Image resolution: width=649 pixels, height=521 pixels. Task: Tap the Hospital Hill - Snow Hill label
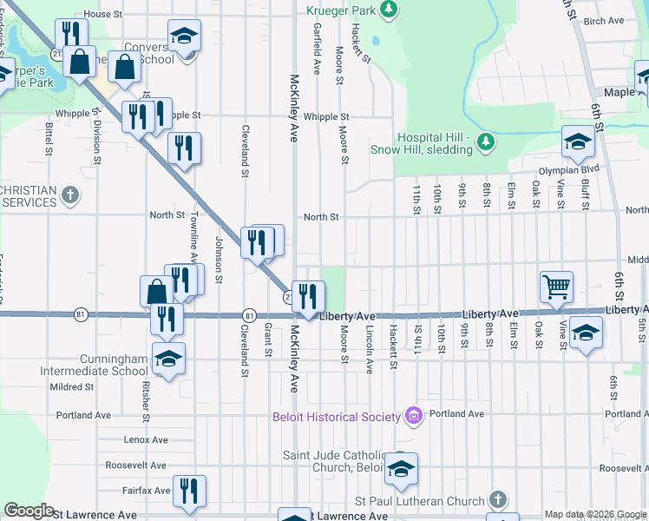[434, 143]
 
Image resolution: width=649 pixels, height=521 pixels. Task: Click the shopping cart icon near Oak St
[555, 285]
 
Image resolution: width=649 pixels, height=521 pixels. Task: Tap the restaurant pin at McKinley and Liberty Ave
[308, 296]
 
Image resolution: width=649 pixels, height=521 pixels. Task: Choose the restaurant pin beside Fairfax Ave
[189, 490]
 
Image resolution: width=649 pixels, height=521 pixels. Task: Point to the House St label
[103, 15]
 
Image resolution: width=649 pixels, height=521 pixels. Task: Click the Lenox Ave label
[143, 440]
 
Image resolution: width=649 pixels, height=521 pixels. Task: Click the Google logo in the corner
[29, 511]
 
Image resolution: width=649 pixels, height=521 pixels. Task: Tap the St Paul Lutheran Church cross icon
[496, 499]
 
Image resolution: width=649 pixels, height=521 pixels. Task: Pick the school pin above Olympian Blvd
[578, 140]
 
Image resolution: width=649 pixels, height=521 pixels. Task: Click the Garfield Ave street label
[318, 48]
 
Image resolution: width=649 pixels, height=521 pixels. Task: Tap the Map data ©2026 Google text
[594, 514]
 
